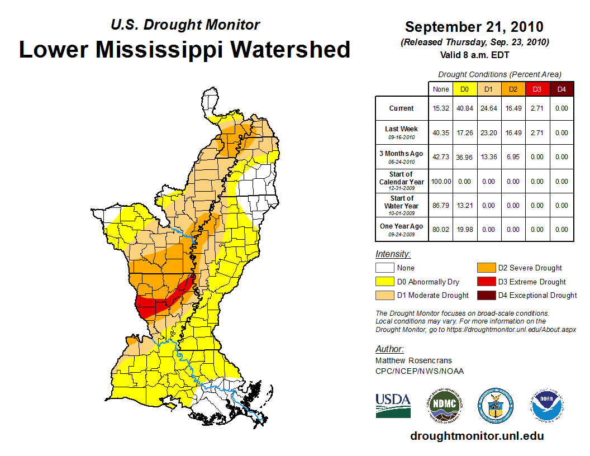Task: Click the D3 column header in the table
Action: click(537, 89)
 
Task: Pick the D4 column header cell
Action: click(561, 89)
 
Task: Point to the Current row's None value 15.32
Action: click(440, 108)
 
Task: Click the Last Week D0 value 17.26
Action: click(464, 133)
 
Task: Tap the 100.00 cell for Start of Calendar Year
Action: click(440, 181)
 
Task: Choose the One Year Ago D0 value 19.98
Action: click(464, 229)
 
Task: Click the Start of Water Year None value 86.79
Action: click(440, 205)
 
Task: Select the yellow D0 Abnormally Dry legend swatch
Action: click(385, 282)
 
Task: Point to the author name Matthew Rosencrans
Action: click(413, 360)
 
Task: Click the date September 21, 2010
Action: click(474, 27)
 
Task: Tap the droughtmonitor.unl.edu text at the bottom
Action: click(477, 436)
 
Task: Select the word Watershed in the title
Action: click(291, 49)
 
